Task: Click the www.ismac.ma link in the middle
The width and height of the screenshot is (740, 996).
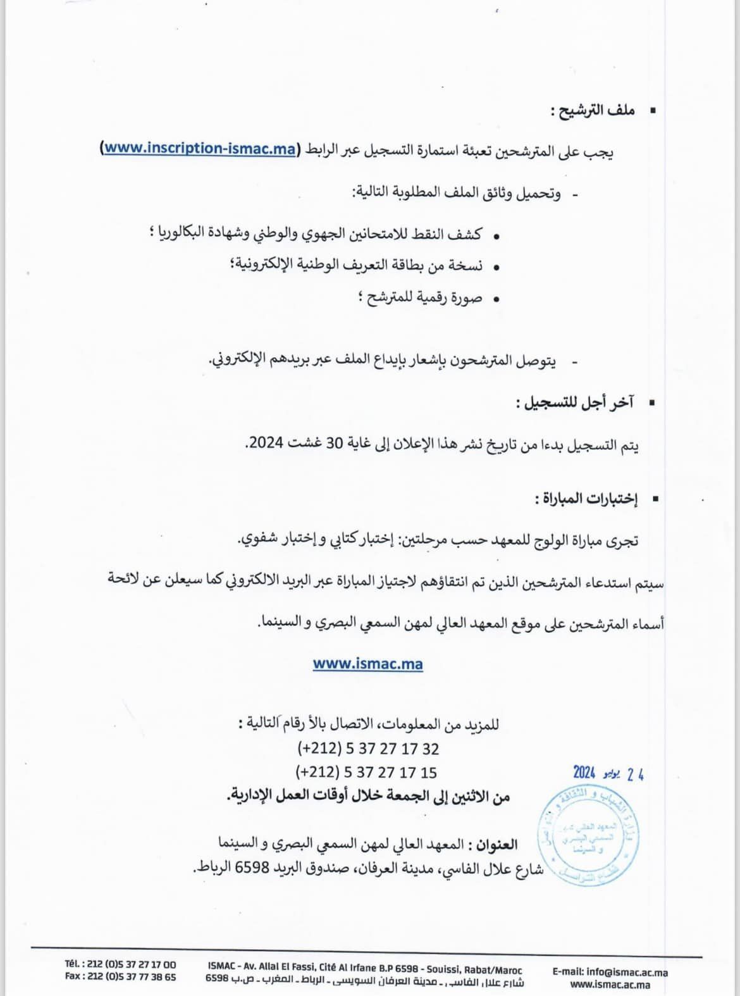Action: [367, 664]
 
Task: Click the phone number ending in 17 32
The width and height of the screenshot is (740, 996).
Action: [367, 749]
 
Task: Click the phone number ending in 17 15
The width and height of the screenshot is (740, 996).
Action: [366, 773]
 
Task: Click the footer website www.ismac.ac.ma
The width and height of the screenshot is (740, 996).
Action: [610, 984]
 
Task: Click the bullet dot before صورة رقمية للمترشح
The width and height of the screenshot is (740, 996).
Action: [496, 299]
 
